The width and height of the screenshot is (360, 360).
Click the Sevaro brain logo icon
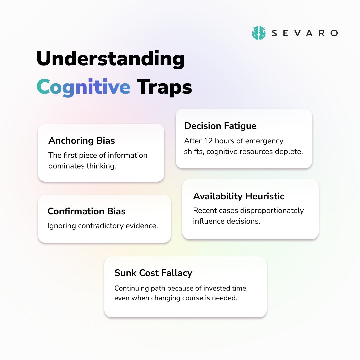[259, 33]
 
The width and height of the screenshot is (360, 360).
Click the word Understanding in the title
[110, 59]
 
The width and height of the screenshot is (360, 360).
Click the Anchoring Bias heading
[82, 141]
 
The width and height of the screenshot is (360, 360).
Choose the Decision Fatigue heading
[220, 126]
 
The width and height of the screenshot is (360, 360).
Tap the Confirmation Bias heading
[86, 211]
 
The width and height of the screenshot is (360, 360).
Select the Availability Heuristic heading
[239, 196]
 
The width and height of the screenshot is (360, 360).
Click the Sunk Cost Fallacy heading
[153, 273]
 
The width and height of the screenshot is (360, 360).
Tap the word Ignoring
[61, 226]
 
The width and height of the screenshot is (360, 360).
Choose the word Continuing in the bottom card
[131, 288]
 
